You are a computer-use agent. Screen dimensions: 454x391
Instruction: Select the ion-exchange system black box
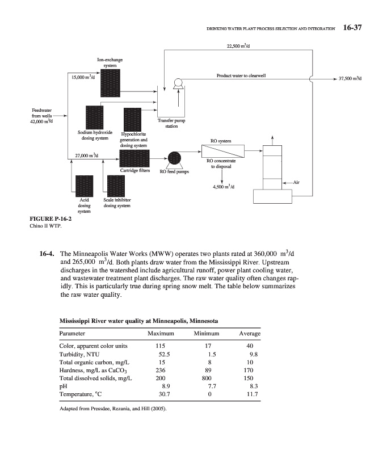click(x=110, y=83)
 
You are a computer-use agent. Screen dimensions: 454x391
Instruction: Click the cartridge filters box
click(x=134, y=158)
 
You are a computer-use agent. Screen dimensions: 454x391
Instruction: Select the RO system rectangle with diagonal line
click(x=222, y=152)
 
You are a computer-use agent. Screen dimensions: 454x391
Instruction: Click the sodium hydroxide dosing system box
click(x=94, y=117)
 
